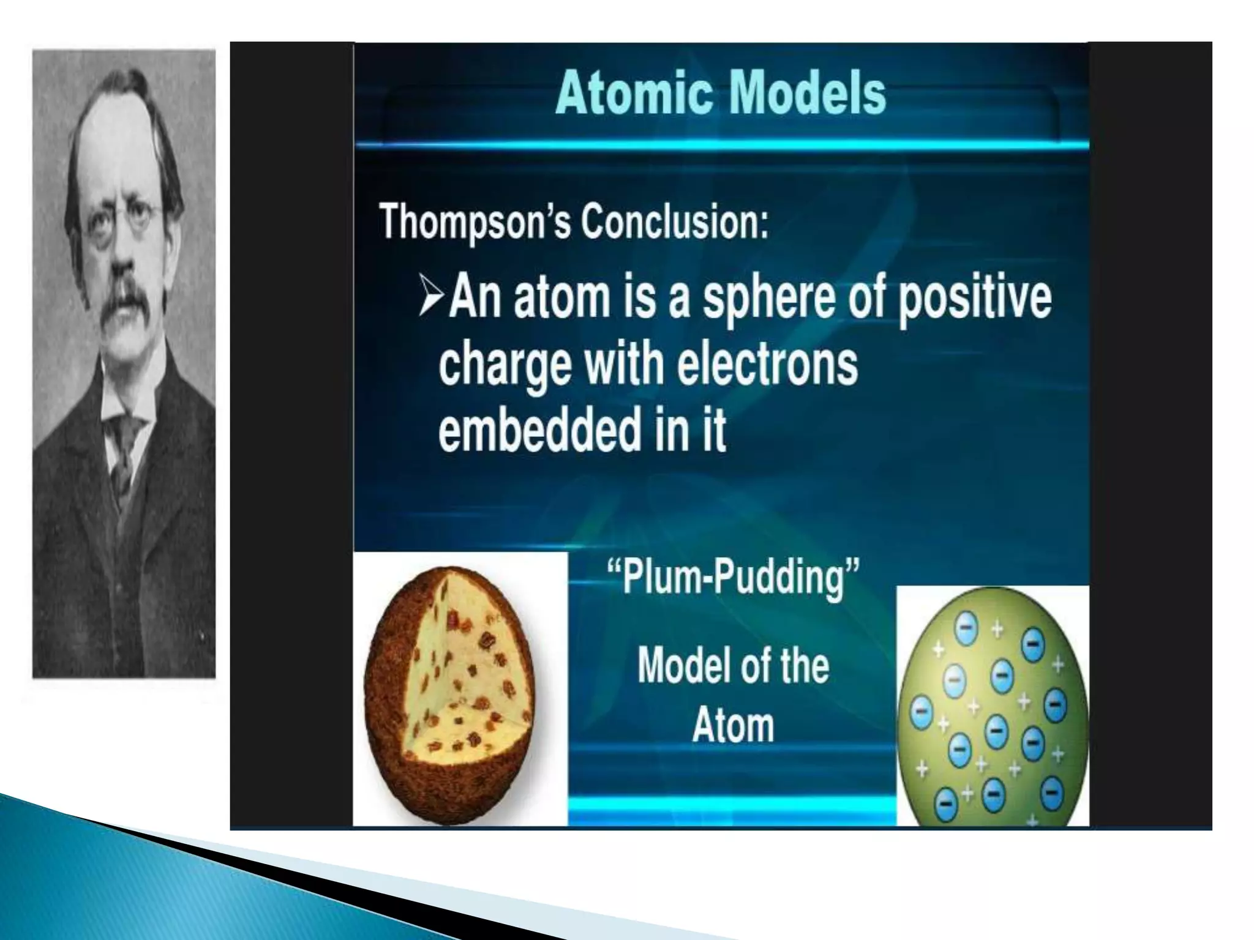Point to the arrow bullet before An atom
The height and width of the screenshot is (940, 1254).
(432, 296)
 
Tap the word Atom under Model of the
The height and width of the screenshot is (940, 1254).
(733, 726)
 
